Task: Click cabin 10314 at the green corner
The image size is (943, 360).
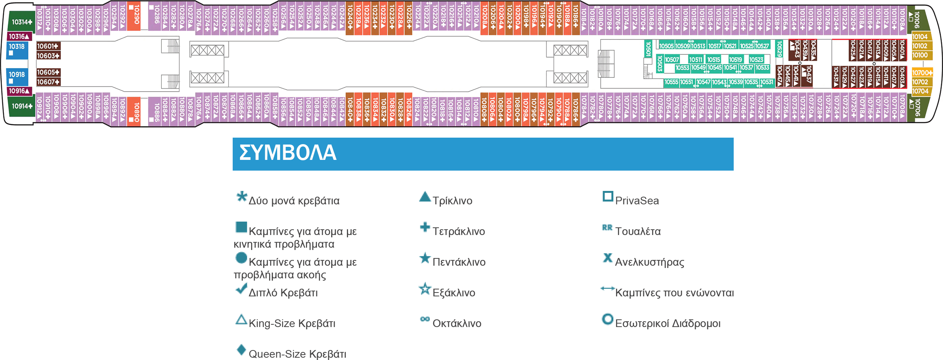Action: click(x=21, y=22)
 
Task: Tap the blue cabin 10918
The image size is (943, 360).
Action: click(x=17, y=77)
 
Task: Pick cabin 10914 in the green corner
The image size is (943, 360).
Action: click(x=21, y=106)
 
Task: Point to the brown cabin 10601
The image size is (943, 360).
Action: click(x=48, y=46)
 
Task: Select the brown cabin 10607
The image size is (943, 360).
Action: click(x=48, y=82)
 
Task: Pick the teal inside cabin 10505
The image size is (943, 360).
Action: click(x=667, y=46)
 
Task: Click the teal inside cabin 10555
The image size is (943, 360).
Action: click(x=671, y=82)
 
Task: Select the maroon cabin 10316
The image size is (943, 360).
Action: click(x=19, y=36)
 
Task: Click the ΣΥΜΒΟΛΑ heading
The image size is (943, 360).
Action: click(x=288, y=153)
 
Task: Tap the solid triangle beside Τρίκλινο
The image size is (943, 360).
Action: click(x=425, y=197)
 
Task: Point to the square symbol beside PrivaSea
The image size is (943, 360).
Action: click(x=608, y=196)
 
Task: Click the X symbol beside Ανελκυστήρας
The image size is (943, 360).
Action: click(x=608, y=258)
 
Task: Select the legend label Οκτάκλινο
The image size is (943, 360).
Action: click(x=457, y=323)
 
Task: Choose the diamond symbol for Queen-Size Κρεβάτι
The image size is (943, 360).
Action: click(x=241, y=350)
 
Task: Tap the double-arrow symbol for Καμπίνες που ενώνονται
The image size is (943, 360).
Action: click(x=607, y=288)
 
